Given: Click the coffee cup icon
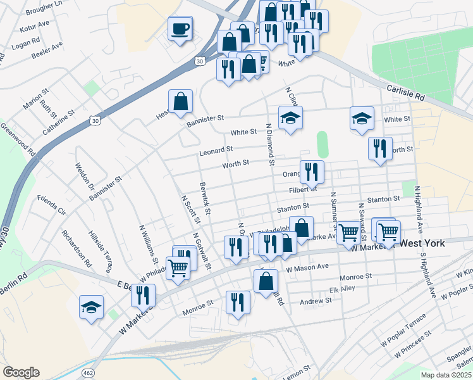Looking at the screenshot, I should pyautogui.click(x=180, y=28).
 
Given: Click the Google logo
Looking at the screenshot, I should pyautogui.click(x=21, y=372).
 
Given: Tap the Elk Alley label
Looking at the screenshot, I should pyautogui.click(x=343, y=290).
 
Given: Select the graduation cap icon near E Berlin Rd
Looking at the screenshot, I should pyautogui.click(x=92, y=308).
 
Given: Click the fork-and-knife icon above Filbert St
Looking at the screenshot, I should pyautogui.click(x=312, y=172).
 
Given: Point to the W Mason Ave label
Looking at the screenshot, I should pyautogui.click(x=307, y=268).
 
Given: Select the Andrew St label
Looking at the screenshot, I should pyautogui.click(x=316, y=301).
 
